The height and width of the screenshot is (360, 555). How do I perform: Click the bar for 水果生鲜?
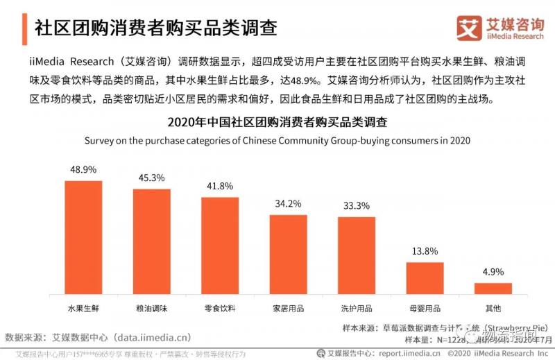(x=83, y=237)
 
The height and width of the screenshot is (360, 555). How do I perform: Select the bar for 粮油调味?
(x=152, y=241)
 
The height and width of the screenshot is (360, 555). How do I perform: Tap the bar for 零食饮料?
(x=220, y=246)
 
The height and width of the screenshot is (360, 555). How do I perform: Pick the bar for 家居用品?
(x=288, y=254)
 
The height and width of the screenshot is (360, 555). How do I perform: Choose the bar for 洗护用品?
(x=356, y=255)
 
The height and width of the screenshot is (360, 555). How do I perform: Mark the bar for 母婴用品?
(x=425, y=277)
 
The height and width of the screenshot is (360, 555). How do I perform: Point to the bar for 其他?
(x=493, y=288)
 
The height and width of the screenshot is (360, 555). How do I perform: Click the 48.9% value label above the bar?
(x=83, y=169)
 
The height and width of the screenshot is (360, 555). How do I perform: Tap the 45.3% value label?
(x=152, y=178)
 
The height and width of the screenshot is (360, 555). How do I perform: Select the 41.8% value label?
(x=220, y=186)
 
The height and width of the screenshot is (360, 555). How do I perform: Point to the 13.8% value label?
(x=425, y=251)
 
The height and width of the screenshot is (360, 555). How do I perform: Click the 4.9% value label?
(x=493, y=272)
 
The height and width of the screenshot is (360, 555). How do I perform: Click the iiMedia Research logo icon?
(x=470, y=27)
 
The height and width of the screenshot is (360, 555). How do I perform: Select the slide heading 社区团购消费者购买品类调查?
(x=155, y=27)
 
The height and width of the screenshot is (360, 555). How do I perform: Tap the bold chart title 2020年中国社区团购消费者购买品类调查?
(x=277, y=122)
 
